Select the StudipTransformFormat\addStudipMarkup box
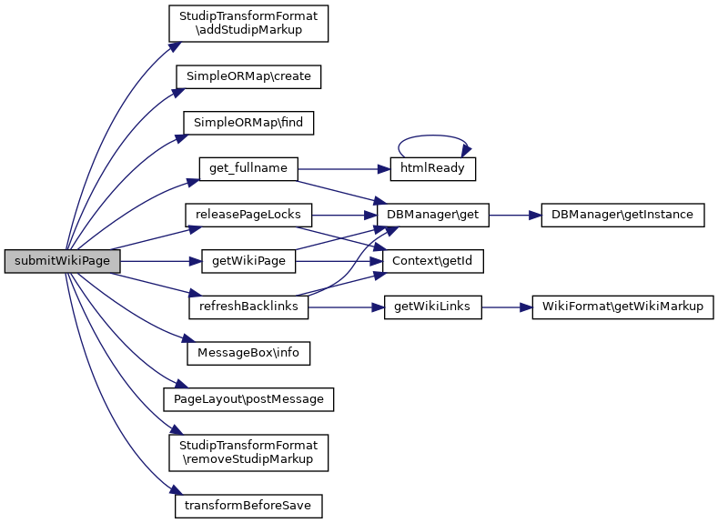click(248, 25)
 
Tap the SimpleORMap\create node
click(248, 76)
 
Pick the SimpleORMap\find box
click(248, 122)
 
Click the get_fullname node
click(248, 169)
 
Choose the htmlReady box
click(433, 169)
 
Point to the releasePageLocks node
click(248, 216)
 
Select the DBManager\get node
click(433, 216)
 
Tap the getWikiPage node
click(248, 262)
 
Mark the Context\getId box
click(433, 262)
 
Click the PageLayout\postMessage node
click(248, 399)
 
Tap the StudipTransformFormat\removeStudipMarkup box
click(248, 452)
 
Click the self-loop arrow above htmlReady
click(433, 136)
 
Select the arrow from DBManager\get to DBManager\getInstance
click(515, 216)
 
